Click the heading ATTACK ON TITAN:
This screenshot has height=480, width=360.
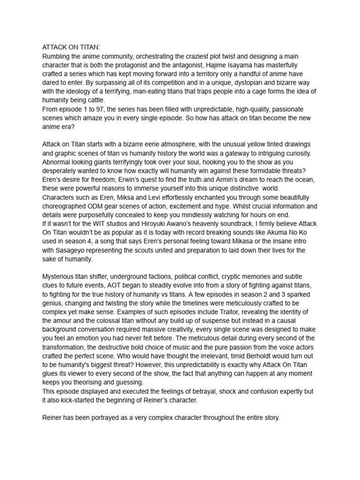(71, 47)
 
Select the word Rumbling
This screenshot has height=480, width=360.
(57, 56)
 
